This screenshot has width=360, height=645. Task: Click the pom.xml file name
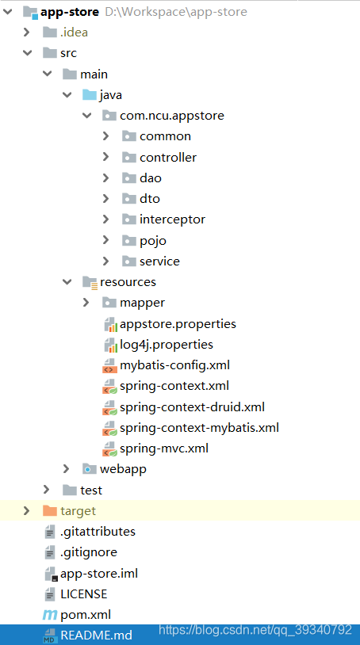point(86,615)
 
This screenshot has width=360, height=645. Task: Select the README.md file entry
point(96,635)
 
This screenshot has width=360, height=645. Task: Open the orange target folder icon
point(49,511)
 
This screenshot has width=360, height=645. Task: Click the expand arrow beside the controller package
point(105,157)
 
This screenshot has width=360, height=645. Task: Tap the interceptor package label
point(172,219)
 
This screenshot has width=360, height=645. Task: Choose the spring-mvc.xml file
point(164,448)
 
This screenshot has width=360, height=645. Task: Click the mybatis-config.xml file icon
point(109,365)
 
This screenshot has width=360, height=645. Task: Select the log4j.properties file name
point(167,345)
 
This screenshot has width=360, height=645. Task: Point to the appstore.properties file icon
point(109,324)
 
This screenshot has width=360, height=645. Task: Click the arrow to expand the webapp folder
point(67,469)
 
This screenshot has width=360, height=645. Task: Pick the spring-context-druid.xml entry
point(192,407)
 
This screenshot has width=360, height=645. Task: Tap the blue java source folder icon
point(90,95)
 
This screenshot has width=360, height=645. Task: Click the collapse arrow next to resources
point(67,282)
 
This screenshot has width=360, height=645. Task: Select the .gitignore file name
point(89,552)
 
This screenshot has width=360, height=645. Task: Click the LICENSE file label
point(83,594)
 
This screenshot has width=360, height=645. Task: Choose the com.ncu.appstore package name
point(172,116)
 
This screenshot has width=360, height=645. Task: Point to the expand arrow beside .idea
point(27,32)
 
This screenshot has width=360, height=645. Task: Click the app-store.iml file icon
point(50,574)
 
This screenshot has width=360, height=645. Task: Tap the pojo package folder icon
point(128,240)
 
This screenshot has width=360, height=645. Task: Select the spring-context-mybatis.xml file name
point(200,428)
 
